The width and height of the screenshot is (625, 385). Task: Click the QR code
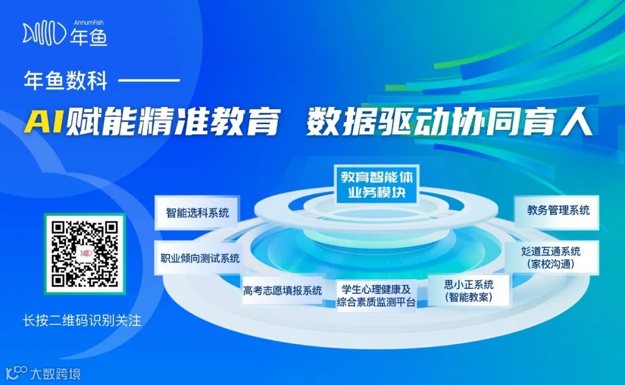tap(84, 254)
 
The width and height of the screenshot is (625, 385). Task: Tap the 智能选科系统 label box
tap(197, 212)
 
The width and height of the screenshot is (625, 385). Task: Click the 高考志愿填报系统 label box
tap(282, 291)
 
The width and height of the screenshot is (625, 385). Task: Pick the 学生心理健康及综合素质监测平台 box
tap(376, 295)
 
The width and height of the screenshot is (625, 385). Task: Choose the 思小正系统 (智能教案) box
tap(469, 290)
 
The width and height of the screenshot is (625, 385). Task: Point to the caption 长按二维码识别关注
tap(81, 320)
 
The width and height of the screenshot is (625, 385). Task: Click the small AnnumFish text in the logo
tap(88, 23)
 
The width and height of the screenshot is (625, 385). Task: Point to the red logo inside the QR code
tap(85, 254)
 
